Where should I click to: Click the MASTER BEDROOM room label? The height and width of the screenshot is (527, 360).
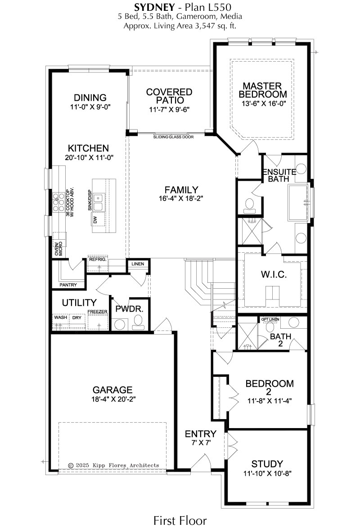(263, 90)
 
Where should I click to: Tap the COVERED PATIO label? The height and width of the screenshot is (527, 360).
(169, 96)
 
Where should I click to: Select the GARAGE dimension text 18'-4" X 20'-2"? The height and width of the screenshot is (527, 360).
(112, 400)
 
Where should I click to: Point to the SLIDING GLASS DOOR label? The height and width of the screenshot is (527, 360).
(173, 137)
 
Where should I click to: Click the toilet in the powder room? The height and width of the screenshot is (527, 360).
(138, 323)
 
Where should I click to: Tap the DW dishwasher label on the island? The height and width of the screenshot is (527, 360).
(95, 220)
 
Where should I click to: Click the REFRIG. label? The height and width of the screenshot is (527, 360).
(98, 259)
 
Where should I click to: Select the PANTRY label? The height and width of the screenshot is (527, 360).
(68, 285)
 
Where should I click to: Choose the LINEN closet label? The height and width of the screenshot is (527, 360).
(138, 264)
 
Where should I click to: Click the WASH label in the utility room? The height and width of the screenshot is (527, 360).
(61, 317)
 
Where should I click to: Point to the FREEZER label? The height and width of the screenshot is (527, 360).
(98, 312)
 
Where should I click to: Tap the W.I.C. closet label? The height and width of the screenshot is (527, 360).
(274, 275)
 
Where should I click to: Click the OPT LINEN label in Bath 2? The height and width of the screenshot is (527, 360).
(270, 319)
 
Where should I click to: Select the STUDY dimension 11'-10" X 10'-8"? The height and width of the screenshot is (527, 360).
(267, 473)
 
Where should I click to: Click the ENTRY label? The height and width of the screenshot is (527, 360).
(201, 434)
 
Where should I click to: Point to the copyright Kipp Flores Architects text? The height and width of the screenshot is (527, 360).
(113, 465)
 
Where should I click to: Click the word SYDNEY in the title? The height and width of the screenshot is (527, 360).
(154, 7)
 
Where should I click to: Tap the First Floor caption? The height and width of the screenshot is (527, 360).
(180, 520)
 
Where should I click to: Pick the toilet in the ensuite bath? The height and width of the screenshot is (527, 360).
(249, 206)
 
